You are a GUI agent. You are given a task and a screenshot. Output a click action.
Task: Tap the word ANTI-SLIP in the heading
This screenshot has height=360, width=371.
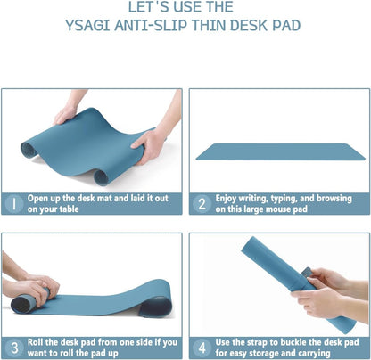[x=161, y=25]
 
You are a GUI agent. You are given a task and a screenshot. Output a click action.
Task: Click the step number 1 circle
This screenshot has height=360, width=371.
[x=14, y=204]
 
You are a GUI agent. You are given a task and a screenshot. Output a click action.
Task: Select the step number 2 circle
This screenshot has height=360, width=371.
[x=202, y=204]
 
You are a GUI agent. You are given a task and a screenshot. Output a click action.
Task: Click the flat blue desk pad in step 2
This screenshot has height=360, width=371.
[x=281, y=151]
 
